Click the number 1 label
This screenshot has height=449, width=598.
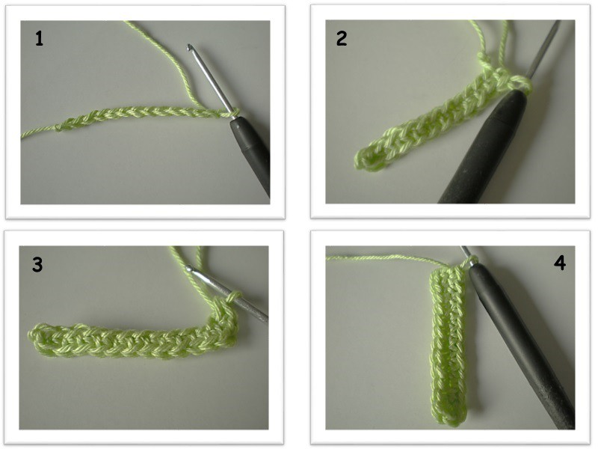[39, 39]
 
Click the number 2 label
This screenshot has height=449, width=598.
[342, 39]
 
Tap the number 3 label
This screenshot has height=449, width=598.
[37, 265]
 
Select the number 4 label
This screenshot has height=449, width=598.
[559, 263]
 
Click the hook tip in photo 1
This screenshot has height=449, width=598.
[189, 47]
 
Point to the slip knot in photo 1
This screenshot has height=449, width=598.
[61, 126]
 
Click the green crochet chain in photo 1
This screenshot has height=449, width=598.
[141, 114]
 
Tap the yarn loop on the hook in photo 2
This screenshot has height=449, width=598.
[520, 84]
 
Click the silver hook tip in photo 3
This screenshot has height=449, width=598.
[190, 269]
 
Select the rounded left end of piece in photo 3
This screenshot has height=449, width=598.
[36, 337]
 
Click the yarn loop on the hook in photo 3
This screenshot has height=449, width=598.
[234, 297]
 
